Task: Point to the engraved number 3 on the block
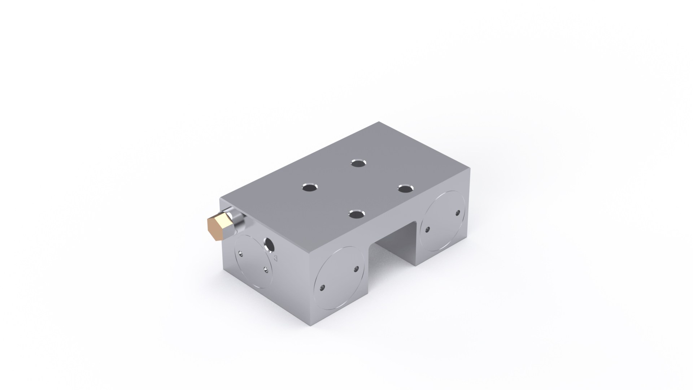click(276, 258)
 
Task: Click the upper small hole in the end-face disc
click(241, 253)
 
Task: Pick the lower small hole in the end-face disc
click(266, 269)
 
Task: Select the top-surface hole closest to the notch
click(357, 214)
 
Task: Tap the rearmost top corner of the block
click(379, 122)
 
